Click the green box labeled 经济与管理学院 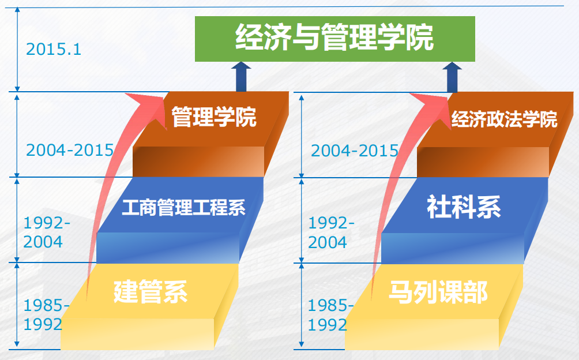(334, 39)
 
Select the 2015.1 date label (54, 49)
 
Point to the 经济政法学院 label (504, 119)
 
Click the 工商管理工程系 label (183, 207)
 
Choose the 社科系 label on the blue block (464, 207)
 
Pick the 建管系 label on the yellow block (151, 292)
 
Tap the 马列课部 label (438, 292)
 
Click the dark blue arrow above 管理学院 (241, 77)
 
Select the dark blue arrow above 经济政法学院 (452, 77)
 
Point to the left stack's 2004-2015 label (70, 150)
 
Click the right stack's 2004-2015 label (355, 151)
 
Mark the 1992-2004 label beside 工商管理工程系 (47, 232)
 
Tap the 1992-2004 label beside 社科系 (331, 232)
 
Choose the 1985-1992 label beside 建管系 (47, 315)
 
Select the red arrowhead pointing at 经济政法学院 (434, 107)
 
